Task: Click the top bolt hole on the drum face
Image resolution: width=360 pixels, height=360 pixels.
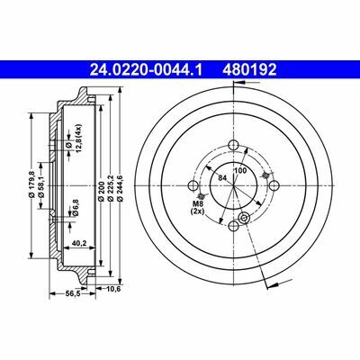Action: [231, 146]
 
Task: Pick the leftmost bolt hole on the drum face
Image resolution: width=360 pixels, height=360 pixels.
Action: [192, 185]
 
